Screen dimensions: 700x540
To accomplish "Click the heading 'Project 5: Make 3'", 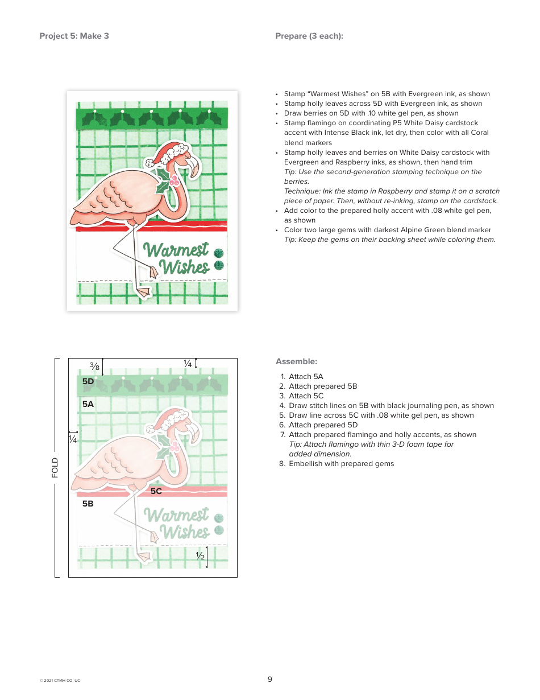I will click(x=74, y=36).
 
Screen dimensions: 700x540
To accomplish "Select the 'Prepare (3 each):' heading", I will click(x=309, y=36).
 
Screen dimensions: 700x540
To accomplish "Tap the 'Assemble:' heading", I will click(x=296, y=361).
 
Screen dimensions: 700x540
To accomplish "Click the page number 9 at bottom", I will click(x=270, y=679).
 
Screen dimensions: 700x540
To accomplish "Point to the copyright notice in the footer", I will click(x=60, y=681).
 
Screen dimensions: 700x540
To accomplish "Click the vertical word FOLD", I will click(x=55, y=467).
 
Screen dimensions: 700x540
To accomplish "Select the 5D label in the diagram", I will click(x=88, y=381).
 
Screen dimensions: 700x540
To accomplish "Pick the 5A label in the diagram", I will click(x=88, y=404).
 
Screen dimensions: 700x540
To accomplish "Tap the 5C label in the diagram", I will click(x=156, y=491).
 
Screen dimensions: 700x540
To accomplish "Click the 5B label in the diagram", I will click(x=88, y=504).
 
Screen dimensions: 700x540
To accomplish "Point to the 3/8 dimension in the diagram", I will click(x=94, y=366).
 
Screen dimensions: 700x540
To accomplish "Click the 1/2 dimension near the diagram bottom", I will click(x=200, y=556).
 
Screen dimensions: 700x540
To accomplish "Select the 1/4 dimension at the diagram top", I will click(x=187, y=363).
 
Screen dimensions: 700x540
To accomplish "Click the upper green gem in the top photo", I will click(x=219, y=253).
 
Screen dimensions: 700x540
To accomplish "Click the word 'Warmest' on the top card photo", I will click(x=175, y=250).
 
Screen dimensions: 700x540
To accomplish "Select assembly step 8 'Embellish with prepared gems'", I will click(x=340, y=463).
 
